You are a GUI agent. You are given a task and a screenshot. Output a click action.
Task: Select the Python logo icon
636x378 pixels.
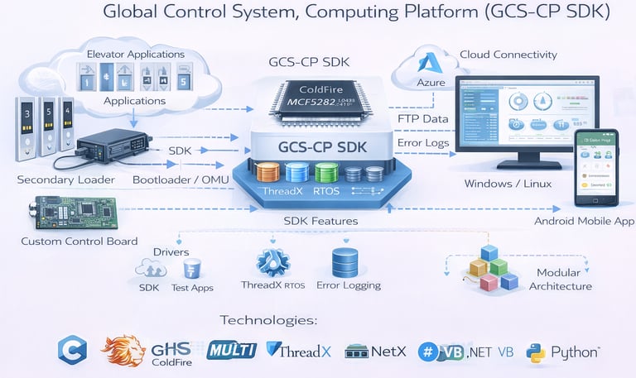click(536, 352)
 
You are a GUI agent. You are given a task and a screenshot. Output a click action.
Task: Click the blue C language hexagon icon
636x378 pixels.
click(72, 350)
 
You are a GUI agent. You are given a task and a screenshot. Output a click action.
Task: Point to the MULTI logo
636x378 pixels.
click(232, 350)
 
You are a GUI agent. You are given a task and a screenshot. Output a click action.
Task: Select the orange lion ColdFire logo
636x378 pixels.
click(123, 351)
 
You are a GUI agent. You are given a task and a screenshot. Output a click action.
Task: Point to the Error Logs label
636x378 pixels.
click(424, 142)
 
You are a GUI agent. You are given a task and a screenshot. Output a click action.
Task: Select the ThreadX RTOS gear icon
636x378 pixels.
click(272, 262)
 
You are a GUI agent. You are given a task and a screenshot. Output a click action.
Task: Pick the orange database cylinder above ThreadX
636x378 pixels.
click(269, 173)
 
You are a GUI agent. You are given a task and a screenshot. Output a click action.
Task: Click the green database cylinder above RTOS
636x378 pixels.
click(326, 172)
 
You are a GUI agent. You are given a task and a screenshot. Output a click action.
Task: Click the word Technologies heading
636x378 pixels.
click(268, 320)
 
